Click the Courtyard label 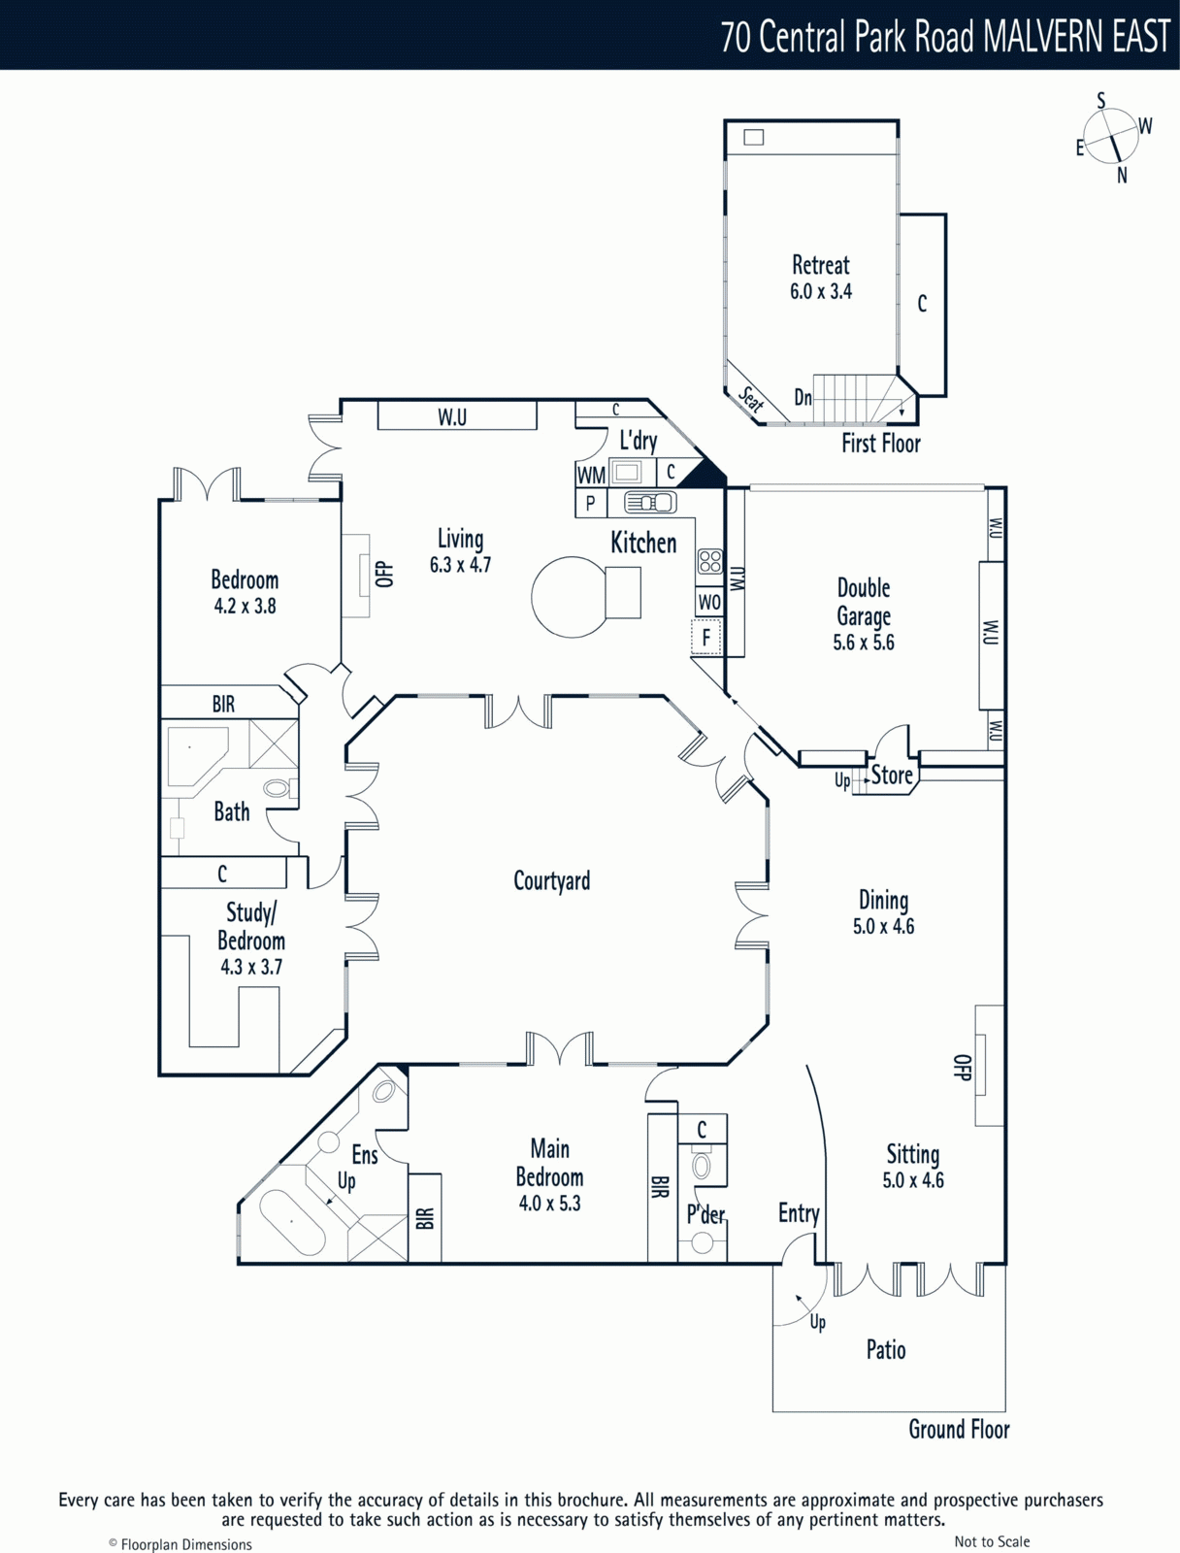tap(551, 881)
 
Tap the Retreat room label tap(820, 265)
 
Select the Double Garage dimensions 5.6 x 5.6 tap(864, 643)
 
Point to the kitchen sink tap(650, 503)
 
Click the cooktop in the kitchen tap(709, 562)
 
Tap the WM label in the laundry tap(591, 476)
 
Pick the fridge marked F tap(705, 637)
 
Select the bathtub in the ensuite tap(293, 1223)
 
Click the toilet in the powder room tap(702, 1166)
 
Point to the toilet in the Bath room tap(280, 787)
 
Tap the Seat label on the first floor tap(751, 400)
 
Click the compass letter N tap(1122, 176)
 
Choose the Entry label tap(799, 1212)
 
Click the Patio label tap(886, 1349)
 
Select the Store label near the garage tap(892, 776)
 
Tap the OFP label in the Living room tap(384, 574)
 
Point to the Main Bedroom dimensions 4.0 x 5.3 tap(549, 1204)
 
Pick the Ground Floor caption tap(959, 1430)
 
